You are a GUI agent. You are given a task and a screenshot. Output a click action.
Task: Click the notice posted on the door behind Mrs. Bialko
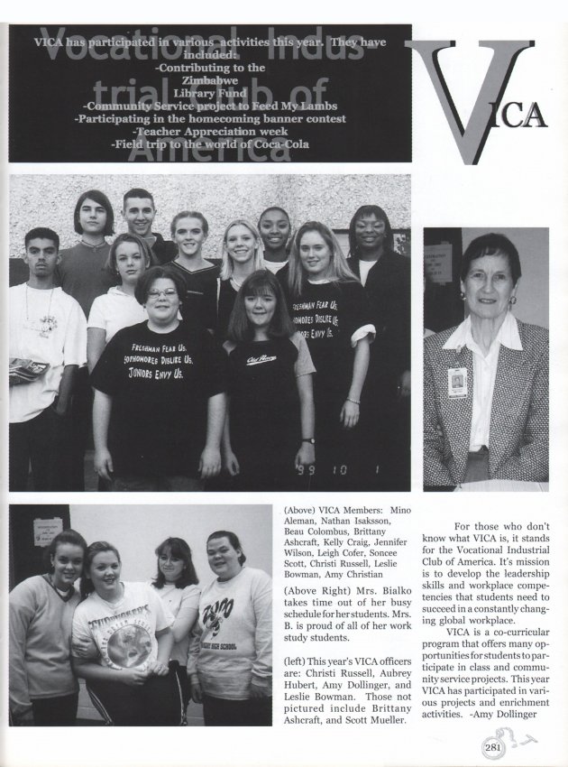pos(439,263)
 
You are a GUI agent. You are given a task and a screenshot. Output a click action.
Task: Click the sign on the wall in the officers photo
pos(47,531)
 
